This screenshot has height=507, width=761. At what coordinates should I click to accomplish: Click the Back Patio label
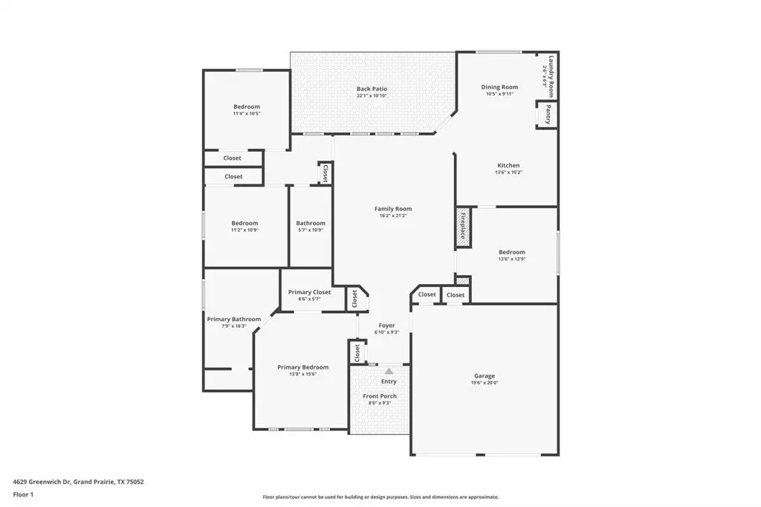pos(372,89)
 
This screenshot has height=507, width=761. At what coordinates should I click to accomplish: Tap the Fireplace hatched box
pos(462,226)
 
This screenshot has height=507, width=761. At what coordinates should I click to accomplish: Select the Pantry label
pos(548,114)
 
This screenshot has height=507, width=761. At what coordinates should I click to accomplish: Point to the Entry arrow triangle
pos(388,370)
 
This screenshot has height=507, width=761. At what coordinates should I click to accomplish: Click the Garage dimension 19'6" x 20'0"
pos(485,383)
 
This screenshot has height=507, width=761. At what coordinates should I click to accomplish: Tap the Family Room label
pos(393,209)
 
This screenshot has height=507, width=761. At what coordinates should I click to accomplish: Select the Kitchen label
pos(508,165)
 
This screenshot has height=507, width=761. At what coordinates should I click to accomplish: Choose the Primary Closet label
pos(309,292)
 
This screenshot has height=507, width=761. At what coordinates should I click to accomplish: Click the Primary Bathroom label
pos(234,319)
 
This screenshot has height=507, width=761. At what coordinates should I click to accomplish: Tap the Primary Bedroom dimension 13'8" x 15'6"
pos(302,374)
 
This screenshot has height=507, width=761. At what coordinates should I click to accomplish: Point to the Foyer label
pos(387,325)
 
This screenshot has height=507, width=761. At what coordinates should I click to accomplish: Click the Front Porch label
pos(380,396)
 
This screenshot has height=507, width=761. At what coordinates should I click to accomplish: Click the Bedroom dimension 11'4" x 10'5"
pos(247,114)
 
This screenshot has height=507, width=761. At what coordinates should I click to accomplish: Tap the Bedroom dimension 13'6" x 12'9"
pos(511,259)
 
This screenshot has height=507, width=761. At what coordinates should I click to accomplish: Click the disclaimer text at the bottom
pos(380,497)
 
